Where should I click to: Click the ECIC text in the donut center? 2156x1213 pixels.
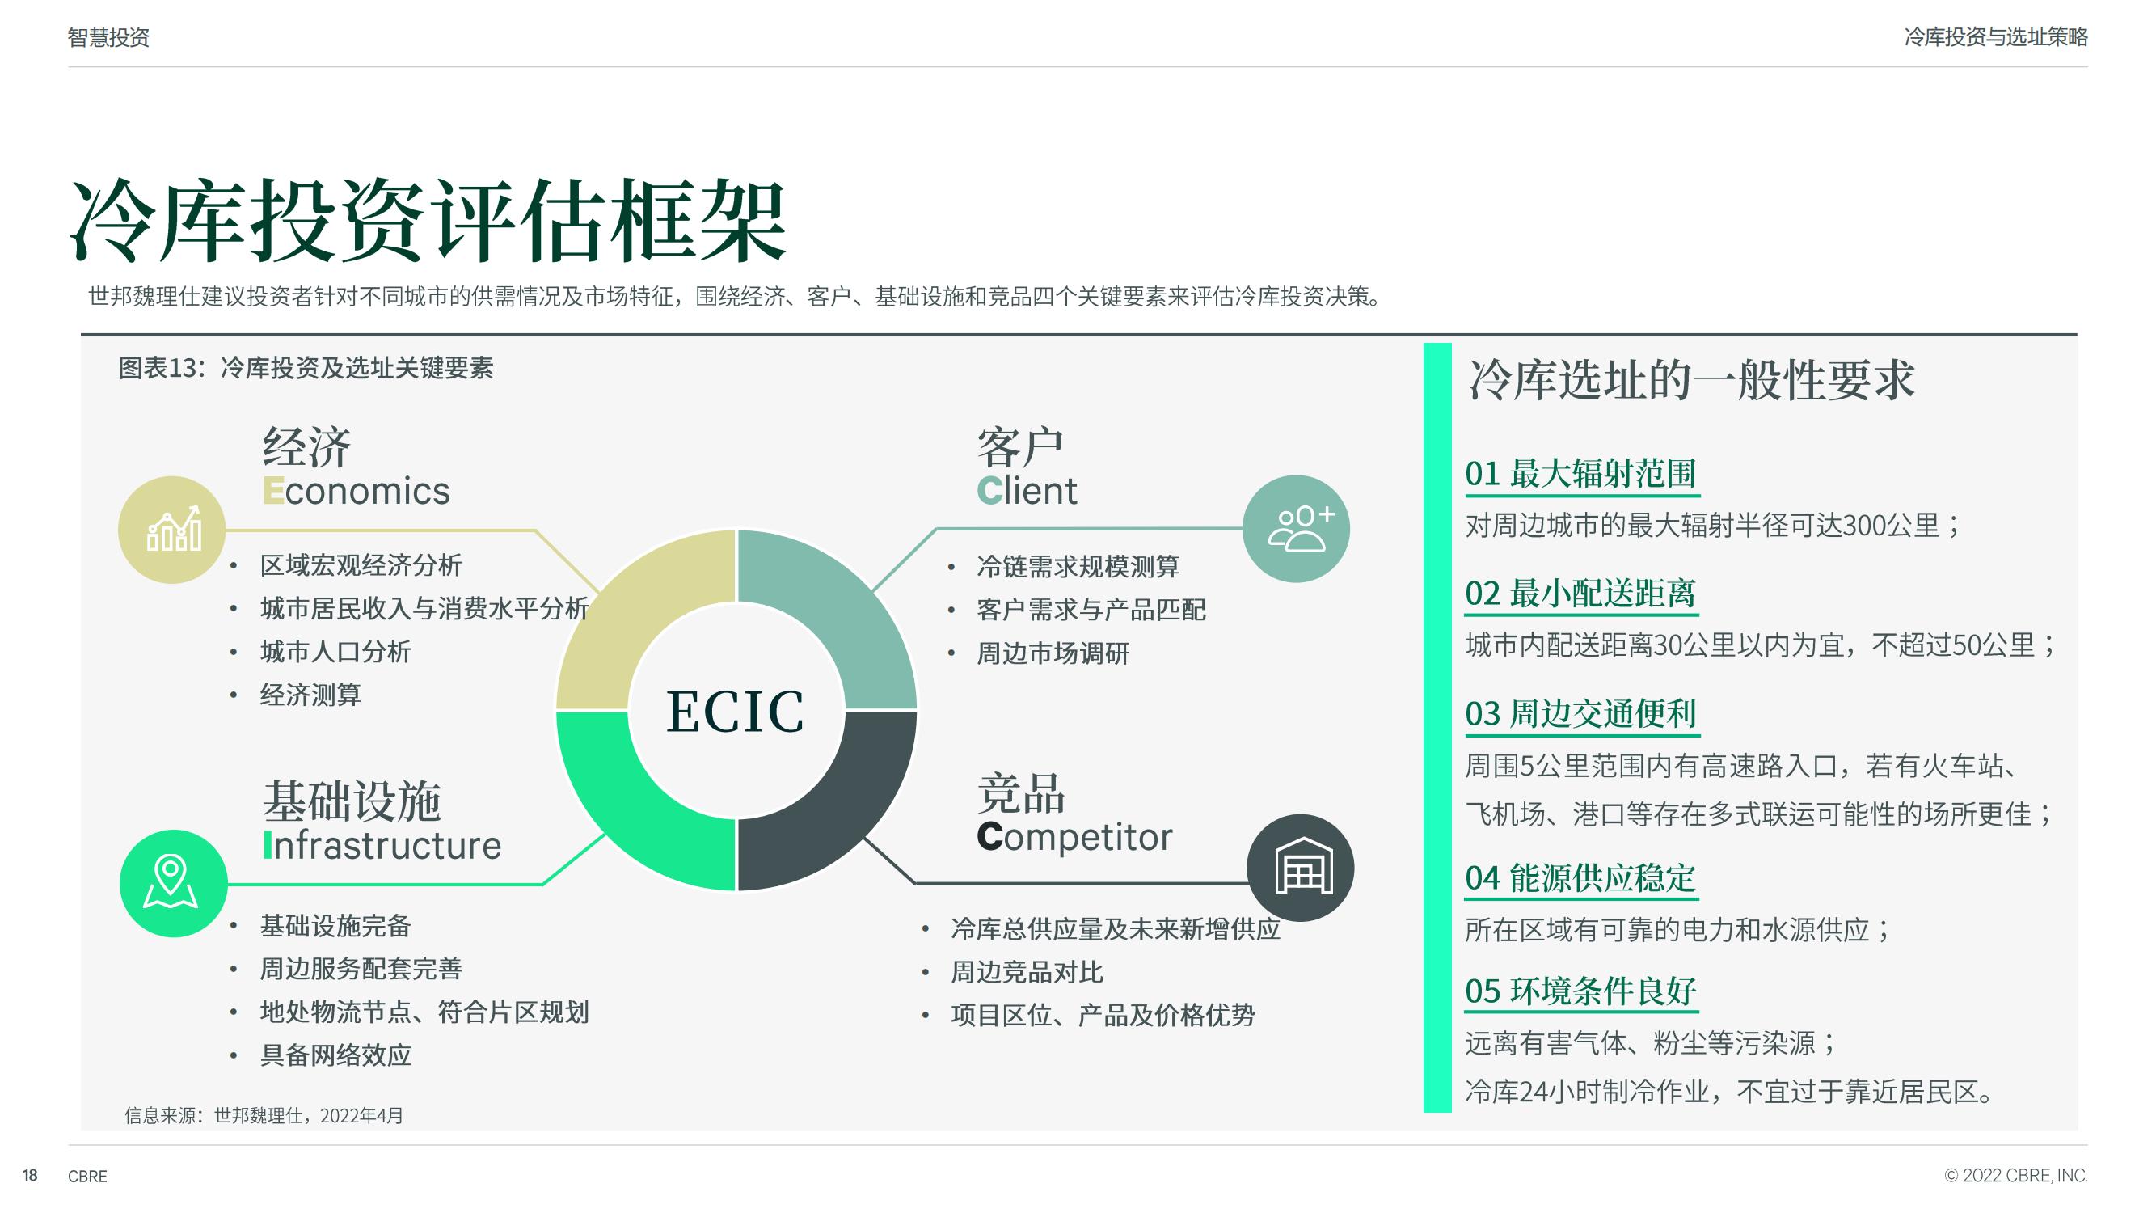click(735, 712)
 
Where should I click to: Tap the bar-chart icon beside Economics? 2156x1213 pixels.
click(173, 529)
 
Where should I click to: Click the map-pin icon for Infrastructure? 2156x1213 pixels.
click(171, 882)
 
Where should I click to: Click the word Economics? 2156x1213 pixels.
click(357, 491)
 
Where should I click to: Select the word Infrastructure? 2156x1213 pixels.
click(382, 846)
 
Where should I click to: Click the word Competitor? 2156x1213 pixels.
click(1074, 837)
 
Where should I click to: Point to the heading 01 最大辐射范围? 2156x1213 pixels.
click(1580, 474)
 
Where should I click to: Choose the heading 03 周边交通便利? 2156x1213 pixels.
click(1580, 714)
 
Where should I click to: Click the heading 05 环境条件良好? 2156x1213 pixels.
click(1580, 991)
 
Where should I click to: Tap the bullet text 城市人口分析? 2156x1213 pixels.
click(335, 651)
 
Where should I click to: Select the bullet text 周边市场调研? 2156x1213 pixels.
click(1053, 653)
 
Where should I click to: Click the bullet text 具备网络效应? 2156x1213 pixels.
click(335, 1055)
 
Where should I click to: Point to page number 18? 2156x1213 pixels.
click(30, 1175)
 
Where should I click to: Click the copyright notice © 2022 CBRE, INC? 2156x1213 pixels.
click(2015, 1175)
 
